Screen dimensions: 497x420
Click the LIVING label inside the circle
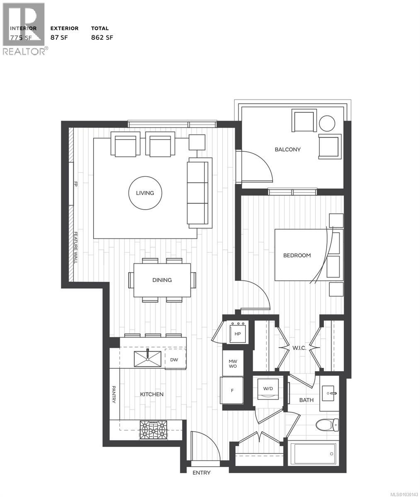(145, 193)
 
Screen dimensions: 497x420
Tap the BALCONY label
(287, 150)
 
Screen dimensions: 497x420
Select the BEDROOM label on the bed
(297, 256)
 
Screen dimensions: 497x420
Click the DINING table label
(162, 280)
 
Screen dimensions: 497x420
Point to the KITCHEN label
(151, 394)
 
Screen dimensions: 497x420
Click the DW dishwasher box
(174, 359)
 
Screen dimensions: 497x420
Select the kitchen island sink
(148, 359)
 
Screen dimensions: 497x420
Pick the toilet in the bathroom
(327, 425)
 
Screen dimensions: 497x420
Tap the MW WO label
(233, 364)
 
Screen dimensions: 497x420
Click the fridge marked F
(232, 390)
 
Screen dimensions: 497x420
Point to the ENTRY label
(202, 473)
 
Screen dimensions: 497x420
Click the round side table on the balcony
(327, 123)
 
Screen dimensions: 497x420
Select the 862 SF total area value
(102, 38)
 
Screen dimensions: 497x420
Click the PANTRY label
(114, 395)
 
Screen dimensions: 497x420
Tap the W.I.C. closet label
(299, 348)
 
